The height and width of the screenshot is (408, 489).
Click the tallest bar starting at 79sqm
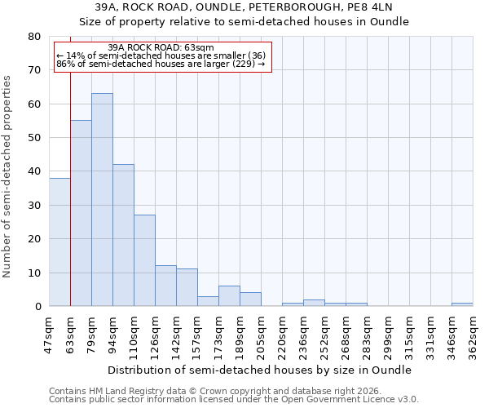click(x=102, y=200)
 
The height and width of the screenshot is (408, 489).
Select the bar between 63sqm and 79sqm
click(x=81, y=213)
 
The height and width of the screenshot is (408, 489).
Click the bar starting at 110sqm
click(x=144, y=260)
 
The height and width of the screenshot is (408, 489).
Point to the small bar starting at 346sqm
click(x=462, y=304)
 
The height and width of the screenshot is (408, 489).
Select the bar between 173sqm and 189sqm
click(x=229, y=296)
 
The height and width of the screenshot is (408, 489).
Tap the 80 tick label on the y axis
click(x=34, y=37)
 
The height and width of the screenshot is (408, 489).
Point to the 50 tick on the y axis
click(x=34, y=138)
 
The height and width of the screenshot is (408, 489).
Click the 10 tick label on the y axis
click(x=34, y=273)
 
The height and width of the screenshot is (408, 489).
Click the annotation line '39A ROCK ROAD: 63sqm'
click(x=161, y=47)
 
